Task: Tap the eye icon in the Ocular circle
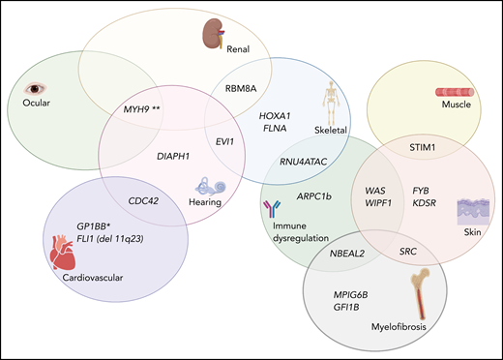tap(35, 86)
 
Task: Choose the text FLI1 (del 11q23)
tap(118, 238)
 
